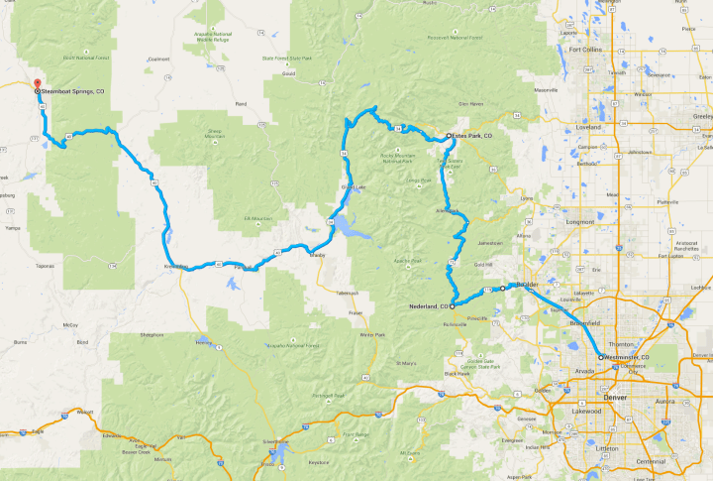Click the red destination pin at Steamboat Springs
pos(38,83)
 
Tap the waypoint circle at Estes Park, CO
pos(449,135)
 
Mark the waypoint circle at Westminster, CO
pos(600,356)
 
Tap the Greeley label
pos(702,115)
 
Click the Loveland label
pos(588,128)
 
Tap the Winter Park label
pos(372,335)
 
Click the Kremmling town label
pos(176,267)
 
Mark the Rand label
pos(240,103)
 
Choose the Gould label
pos(289,73)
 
